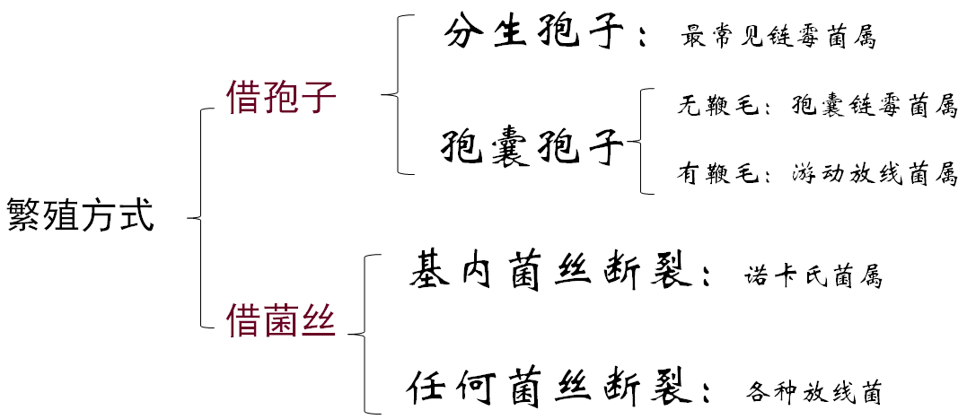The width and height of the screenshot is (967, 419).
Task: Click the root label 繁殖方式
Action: [x=81, y=216]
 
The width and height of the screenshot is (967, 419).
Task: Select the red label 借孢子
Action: [x=281, y=99]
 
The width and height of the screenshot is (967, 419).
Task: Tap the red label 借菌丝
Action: [x=281, y=321]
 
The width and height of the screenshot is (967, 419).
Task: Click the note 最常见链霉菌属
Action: [x=778, y=39]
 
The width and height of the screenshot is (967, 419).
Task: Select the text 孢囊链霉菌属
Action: [x=875, y=107]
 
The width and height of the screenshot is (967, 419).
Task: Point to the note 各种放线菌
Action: [x=813, y=392]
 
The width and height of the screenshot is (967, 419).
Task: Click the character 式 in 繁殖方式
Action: [x=137, y=216]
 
